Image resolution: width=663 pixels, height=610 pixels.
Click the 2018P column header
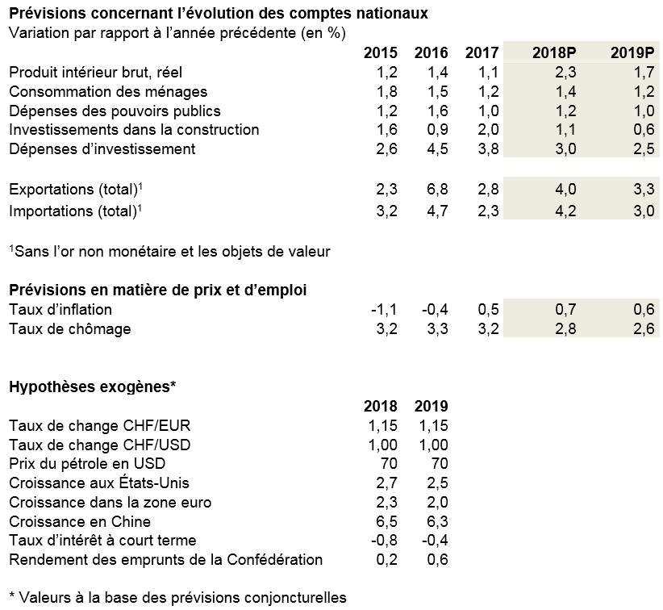click(x=554, y=52)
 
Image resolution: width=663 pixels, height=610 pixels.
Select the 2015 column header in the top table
click(x=381, y=52)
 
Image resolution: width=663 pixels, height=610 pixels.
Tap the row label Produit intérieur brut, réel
click(x=95, y=73)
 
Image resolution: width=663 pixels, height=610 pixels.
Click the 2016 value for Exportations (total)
click(x=438, y=189)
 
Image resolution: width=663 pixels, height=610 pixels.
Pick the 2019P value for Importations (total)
click(x=644, y=211)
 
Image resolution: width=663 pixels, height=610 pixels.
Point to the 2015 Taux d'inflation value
click(x=384, y=310)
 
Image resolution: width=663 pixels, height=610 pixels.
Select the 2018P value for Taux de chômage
click(x=565, y=329)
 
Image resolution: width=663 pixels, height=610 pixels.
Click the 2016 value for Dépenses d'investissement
click(x=438, y=149)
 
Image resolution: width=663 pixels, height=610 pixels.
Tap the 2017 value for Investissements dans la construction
click(x=488, y=129)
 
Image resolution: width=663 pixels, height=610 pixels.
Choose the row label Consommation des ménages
click(x=108, y=92)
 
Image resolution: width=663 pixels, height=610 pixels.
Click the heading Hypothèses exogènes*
click(x=93, y=386)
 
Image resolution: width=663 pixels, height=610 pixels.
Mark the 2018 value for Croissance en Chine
click(x=387, y=521)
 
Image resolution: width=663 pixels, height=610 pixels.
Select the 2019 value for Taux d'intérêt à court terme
click(x=435, y=540)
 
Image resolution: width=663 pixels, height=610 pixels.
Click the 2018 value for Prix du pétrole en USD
click(x=389, y=463)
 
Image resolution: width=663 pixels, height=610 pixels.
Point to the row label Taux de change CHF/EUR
click(x=100, y=425)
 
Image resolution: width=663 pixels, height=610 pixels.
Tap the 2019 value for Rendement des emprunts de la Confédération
click(x=438, y=560)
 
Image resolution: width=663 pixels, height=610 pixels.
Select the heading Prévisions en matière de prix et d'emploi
click(x=158, y=290)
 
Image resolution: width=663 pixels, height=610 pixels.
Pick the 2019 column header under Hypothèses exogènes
click(x=432, y=406)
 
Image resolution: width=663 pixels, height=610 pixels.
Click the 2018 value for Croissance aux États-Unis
click(x=387, y=483)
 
